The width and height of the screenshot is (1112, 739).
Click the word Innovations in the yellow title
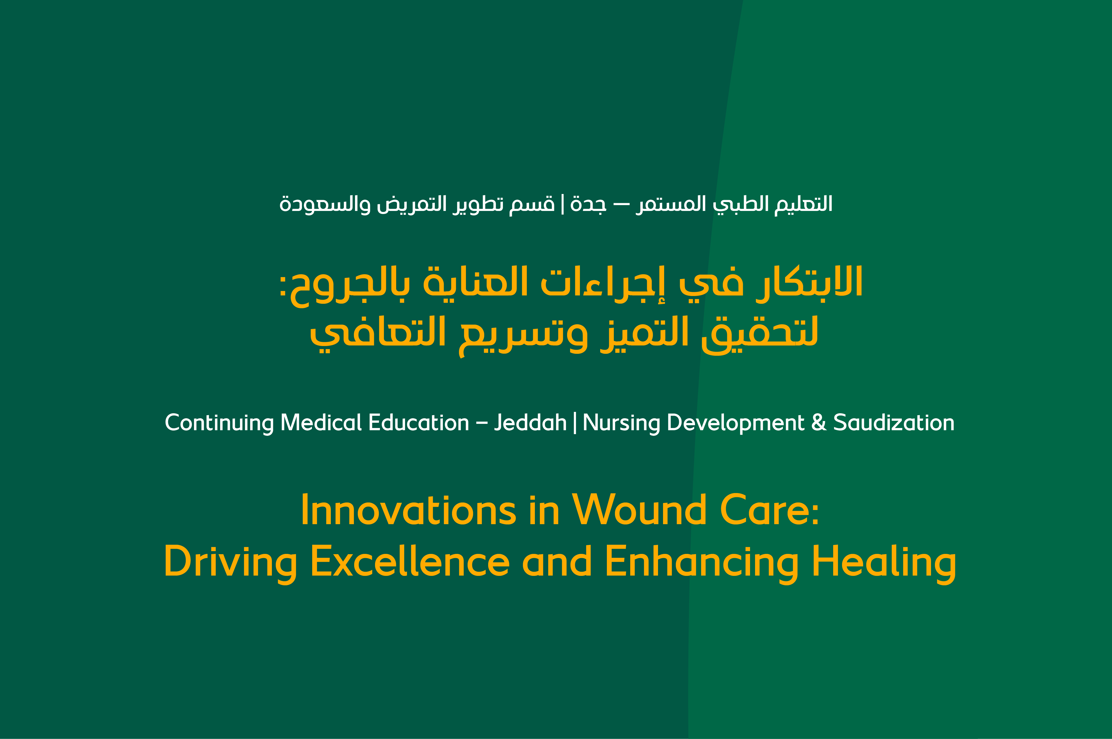pos(408,511)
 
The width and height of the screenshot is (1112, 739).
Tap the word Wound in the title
pos(639,511)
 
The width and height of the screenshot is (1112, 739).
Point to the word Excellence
pos(410,562)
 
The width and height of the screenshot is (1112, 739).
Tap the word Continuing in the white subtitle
pos(219,423)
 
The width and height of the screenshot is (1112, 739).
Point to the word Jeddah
pos(530,423)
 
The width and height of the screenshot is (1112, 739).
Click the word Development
pos(735,423)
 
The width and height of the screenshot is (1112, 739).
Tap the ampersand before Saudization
pos(819,423)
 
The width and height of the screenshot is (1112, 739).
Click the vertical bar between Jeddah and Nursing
pos(575,423)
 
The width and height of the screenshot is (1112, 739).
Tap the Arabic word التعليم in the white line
pos(804,204)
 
